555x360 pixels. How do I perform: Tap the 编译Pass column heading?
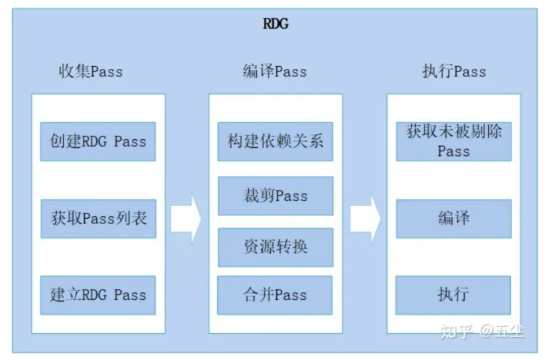tap(274, 72)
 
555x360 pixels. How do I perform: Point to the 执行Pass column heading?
tap(454, 72)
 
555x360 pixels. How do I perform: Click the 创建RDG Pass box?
tap(98, 141)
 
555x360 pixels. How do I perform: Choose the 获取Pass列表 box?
tap(98, 218)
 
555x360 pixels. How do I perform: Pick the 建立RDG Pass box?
tap(98, 295)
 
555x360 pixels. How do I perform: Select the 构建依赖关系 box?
tap(275, 141)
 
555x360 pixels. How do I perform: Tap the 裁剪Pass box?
tap(275, 195)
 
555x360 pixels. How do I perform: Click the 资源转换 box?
tap(275, 246)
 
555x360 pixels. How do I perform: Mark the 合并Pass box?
tap(275, 295)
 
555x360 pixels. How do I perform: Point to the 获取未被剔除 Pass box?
tap(453, 141)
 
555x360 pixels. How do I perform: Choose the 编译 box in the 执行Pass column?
tap(453, 218)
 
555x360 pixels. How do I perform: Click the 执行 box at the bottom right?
tap(453, 295)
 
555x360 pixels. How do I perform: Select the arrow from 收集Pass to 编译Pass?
tap(186, 219)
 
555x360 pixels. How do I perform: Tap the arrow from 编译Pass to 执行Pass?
tap(365, 219)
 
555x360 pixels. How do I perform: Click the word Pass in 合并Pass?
tap(291, 295)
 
